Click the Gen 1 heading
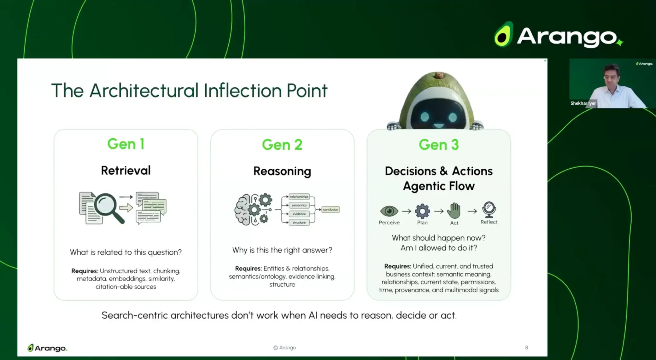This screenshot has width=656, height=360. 126,144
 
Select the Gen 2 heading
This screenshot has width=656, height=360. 282,145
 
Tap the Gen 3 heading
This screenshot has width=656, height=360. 438,145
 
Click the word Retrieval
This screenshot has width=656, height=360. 126,171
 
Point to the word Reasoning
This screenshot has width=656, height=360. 282,171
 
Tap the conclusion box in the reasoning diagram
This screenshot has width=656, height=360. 330,210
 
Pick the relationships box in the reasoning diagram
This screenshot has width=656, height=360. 299,197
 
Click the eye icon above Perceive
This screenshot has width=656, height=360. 389,211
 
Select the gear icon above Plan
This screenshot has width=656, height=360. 422,211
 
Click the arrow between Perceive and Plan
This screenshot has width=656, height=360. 407,211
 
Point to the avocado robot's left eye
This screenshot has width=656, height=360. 425,117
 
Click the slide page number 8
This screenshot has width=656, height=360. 526,347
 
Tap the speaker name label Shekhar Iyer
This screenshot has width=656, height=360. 583,103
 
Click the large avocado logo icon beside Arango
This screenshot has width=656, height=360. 504,35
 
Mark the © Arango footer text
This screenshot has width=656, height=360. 284,347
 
